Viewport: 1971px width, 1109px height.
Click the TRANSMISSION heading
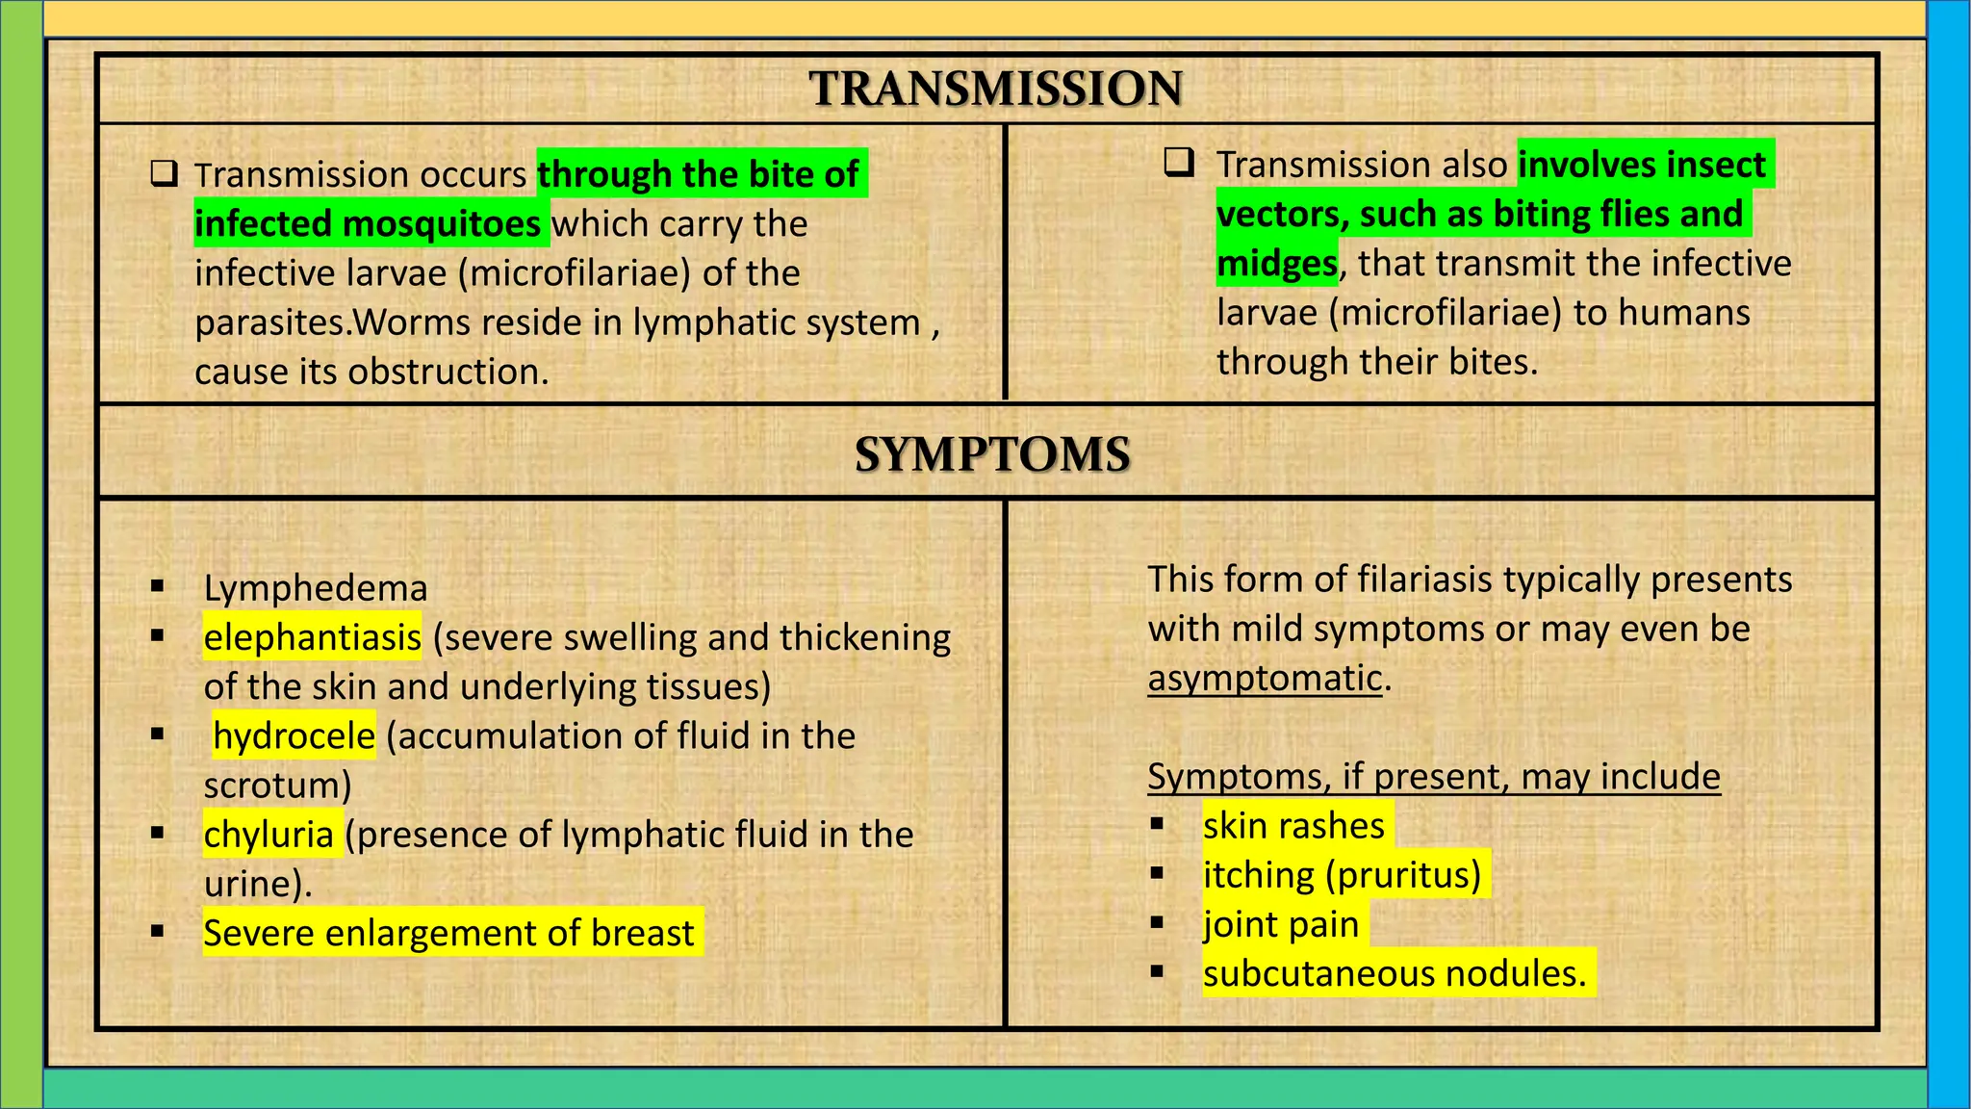[995, 89]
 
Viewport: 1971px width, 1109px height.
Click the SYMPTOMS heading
[992, 454]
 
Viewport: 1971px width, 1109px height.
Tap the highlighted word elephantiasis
[312, 637]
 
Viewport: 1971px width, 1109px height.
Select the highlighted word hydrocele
[294, 736]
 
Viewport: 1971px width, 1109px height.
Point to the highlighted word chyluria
[269, 835]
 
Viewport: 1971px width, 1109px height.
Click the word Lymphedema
[315, 588]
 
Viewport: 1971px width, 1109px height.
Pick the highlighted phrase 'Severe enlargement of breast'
[448, 934]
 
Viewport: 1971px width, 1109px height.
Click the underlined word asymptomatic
[1265, 679]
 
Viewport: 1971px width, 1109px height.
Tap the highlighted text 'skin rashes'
[1293, 826]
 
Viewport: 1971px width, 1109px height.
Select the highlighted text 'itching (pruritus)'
[1342, 875]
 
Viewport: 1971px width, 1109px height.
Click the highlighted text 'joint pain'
[1280, 925]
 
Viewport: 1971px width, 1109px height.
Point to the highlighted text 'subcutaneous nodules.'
[1394, 974]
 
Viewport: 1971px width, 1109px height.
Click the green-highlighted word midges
[1276, 264]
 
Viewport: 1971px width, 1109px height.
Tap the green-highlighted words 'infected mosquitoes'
[368, 224]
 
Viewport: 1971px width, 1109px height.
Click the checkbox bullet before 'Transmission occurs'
[164, 174]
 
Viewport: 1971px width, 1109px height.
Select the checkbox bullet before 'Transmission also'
[1178, 163]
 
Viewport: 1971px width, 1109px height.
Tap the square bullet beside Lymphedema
[157, 586]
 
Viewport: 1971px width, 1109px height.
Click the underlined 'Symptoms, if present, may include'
[1433, 777]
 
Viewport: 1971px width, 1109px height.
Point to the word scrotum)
[277, 786]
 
